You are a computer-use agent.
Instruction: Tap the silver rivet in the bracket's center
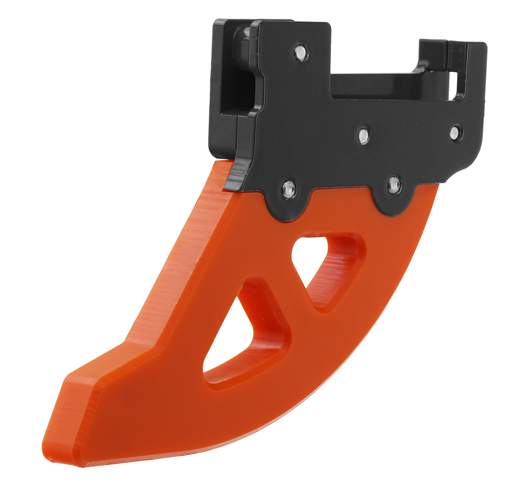pyautogui.click(x=363, y=135)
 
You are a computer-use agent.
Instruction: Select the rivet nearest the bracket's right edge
pyautogui.click(x=456, y=133)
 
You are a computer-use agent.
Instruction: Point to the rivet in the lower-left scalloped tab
pyautogui.click(x=289, y=189)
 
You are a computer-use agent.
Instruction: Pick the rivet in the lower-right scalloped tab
pyautogui.click(x=394, y=184)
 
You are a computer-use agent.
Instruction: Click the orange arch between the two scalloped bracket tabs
pyautogui.click(x=341, y=201)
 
